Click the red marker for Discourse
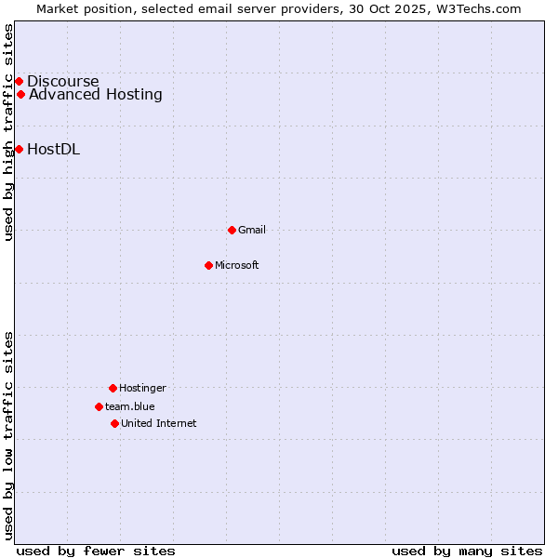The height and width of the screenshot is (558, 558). tap(19, 81)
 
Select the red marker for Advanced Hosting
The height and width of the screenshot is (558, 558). tap(20, 94)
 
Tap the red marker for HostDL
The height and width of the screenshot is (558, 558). tap(19, 149)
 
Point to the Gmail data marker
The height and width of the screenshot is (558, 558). tap(232, 230)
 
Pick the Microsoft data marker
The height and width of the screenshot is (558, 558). tap(208, 265)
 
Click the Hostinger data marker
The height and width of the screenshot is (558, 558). tap(113, 388)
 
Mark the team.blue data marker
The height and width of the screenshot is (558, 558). tap(99, 406)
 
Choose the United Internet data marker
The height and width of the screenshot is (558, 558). tap(114, 423)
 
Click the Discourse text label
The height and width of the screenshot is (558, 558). tap(62, 81)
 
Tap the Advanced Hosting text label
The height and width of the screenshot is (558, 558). tap(96, 94)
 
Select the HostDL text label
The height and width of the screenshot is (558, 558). tap(53, 149)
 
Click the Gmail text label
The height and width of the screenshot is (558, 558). tap(252, 230)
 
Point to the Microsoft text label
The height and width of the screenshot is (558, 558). tap(237, 265)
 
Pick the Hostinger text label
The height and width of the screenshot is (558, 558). tap(142, 388)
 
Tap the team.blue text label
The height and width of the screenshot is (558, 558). tap(130, 406)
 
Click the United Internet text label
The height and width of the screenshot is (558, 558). tap(158, 423)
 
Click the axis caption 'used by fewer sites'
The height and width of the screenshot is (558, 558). tap(96, 551)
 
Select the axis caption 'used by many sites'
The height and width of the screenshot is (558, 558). tap(467, 551)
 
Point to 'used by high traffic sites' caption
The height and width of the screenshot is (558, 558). tap(8, 132)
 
